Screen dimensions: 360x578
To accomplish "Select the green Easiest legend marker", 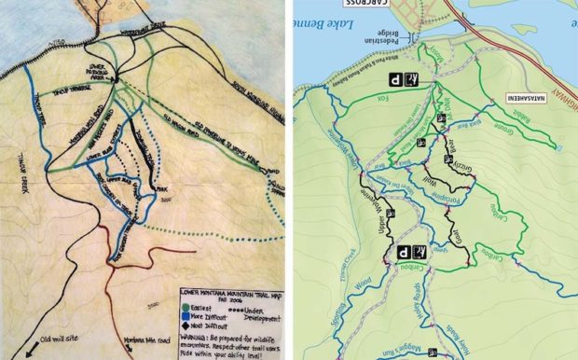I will pyautogui.click(x=186, y=308).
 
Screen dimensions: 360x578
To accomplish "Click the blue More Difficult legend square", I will pyautogui.click(x=186, y=315).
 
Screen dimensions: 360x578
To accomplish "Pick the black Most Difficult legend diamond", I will pyautogui.click(x=186, y=323).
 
